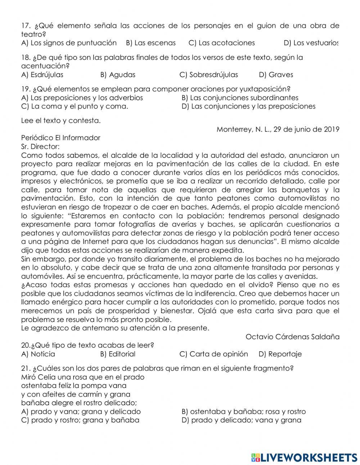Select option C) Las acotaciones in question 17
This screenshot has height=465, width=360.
(221, 43)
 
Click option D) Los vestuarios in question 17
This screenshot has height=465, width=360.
(311, 43)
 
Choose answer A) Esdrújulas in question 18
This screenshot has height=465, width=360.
(42, 75)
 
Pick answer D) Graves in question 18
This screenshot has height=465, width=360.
(276, 75)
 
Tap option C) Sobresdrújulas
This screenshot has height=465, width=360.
(208, 75)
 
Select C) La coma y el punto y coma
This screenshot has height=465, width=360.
(75, 106)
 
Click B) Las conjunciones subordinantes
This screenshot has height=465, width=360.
(240, 98)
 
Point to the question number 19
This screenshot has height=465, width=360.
(26, 89)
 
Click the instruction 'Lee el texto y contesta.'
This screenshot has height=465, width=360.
(61, 121)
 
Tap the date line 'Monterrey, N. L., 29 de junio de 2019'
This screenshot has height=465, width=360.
(278, 129)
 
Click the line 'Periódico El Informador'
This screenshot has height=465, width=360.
(61, 138)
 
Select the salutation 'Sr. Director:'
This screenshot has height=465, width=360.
(40, 146)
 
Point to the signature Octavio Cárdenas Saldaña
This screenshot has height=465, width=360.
(292, 337)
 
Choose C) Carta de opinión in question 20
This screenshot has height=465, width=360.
(213, 354)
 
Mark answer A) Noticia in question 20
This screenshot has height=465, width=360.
(38, 354)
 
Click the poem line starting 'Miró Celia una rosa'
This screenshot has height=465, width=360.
(83, 377)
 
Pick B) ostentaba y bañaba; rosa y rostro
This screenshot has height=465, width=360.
(243, 411)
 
